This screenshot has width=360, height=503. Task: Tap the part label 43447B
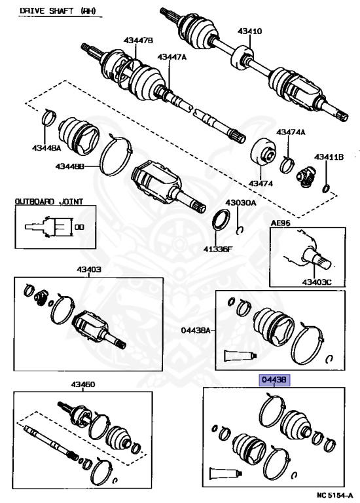139,41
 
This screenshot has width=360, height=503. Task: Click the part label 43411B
329,157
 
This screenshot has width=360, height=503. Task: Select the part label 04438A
196,330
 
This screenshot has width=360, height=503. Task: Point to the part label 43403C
317,282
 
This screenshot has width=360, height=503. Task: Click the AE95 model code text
281,223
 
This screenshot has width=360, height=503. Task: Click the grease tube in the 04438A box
236,355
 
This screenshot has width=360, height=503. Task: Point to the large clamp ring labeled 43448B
120,157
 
